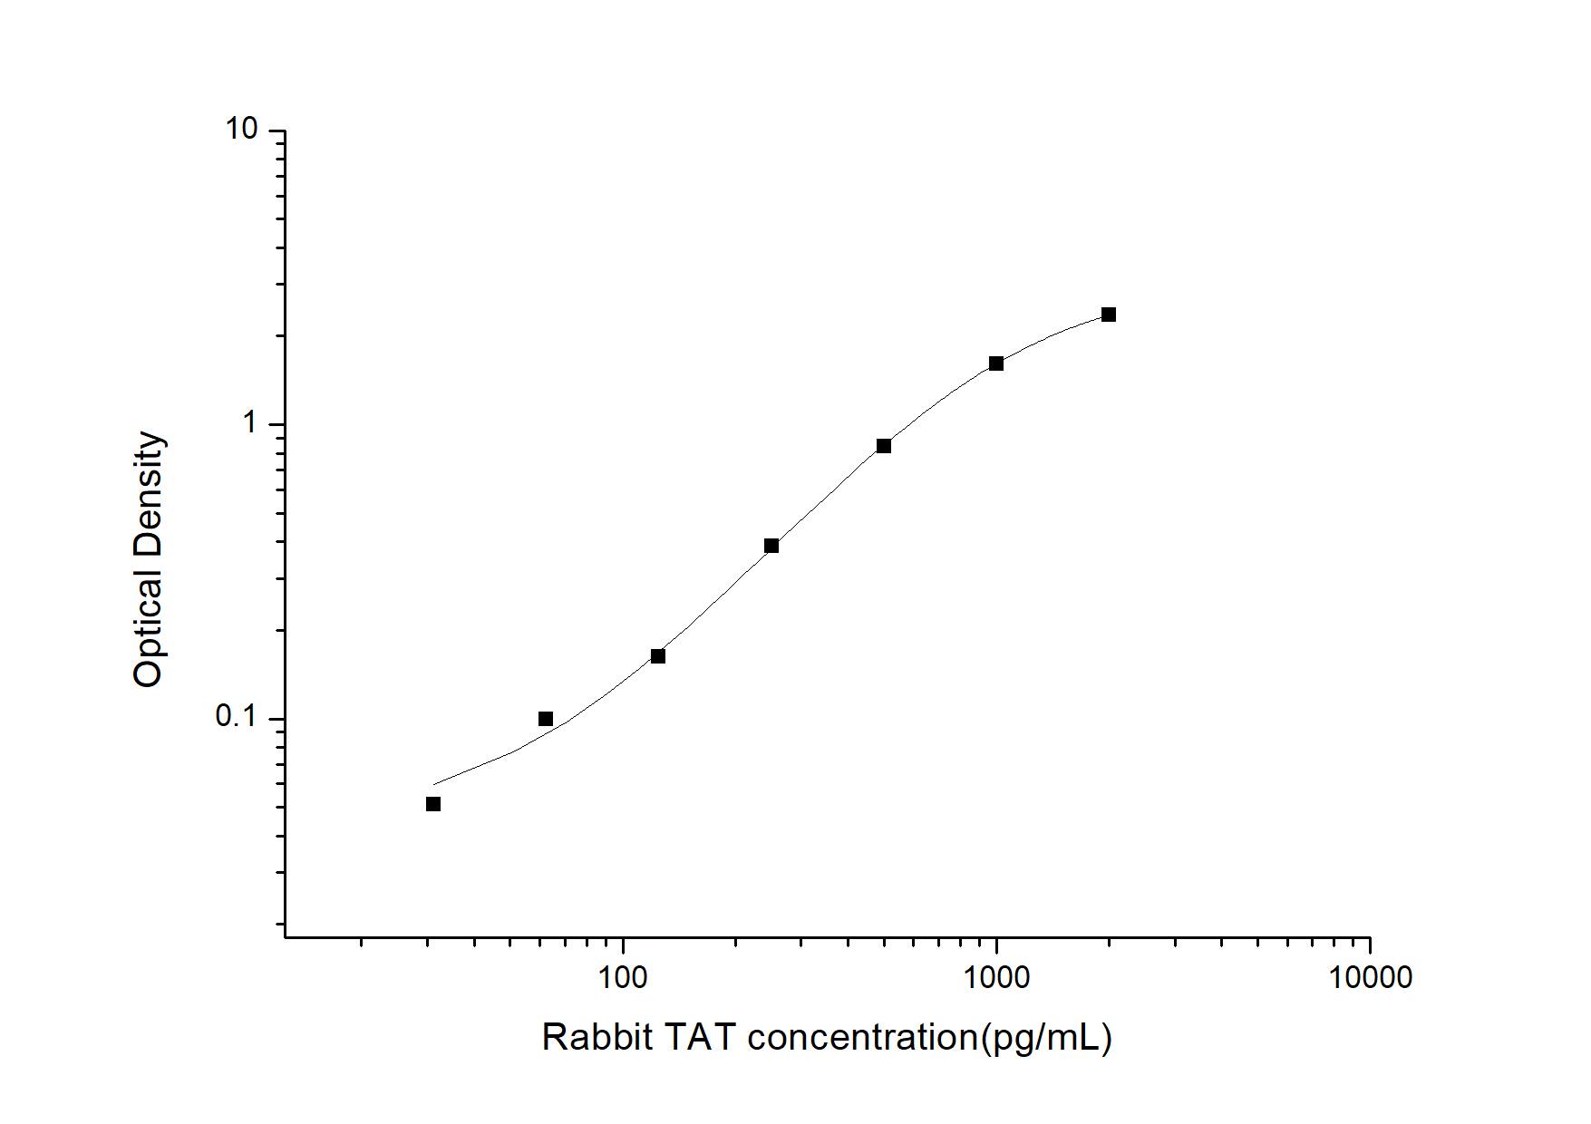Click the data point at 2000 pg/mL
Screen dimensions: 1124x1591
(x=1108, y=315)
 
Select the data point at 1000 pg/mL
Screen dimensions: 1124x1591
(x=995, y=363)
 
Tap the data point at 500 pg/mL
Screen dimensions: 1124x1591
(x=884, y=446)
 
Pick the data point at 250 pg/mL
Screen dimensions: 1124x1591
(x=771, y=546)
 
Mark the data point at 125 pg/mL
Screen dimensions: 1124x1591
(x=658, y=656)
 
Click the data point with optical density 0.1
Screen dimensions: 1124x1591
(x=546, y=719)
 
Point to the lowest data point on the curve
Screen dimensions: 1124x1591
(x=433, y=804)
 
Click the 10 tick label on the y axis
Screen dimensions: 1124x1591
(x=242, y=131)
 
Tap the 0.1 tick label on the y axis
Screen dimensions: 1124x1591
(x=236, y=718)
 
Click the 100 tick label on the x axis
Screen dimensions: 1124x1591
(x=623, y=977)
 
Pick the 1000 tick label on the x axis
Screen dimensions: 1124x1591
(x=996, y=977)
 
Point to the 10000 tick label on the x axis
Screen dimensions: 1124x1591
(x=1370, y=977)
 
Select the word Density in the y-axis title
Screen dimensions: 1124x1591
(x=148, y=493)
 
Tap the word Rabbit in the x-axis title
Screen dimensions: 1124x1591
(x=597, y=1037)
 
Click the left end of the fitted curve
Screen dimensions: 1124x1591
(x=435, y=784)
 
